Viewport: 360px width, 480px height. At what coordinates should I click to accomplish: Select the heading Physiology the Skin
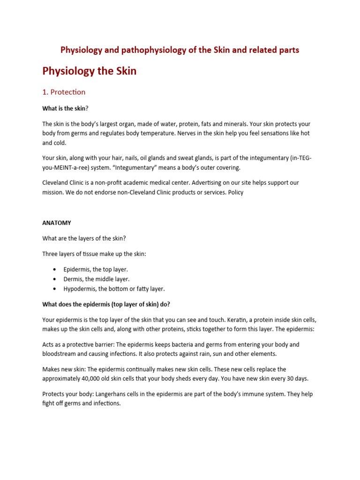point(89,71)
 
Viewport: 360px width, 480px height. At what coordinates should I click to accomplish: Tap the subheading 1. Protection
point(64,92)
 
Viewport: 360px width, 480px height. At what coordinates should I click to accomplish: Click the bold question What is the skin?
point(65,108)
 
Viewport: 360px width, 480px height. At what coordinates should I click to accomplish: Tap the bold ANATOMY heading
point(57,223)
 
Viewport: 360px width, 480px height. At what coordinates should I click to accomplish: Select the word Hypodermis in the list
point(80,289)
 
